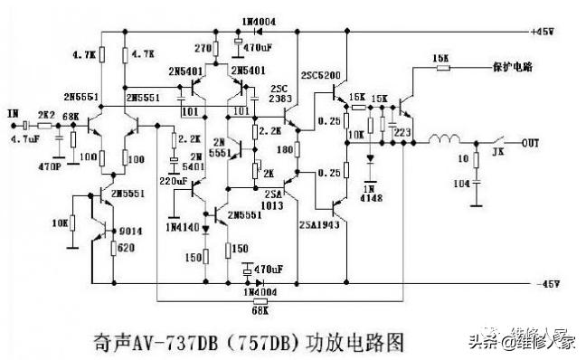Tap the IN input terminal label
click(13, 113)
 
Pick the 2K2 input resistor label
click(45, 115)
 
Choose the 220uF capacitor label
click(175, 182)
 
